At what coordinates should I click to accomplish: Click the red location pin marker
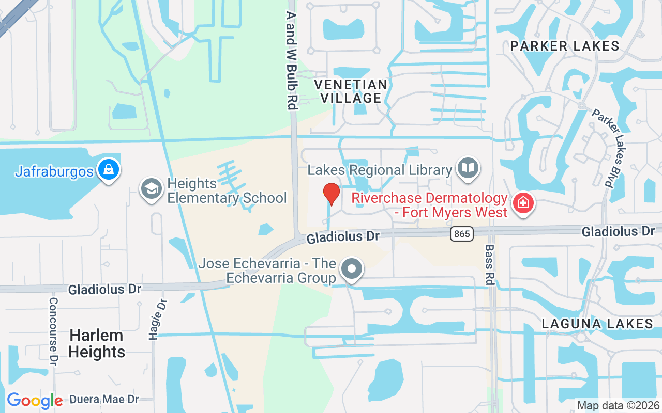point(331,194)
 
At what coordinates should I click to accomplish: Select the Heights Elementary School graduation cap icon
point(152,189)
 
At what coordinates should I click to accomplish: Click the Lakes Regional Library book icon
point(469,168)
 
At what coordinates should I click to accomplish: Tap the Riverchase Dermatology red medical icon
point(523,203)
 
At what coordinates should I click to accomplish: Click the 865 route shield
point(461,234)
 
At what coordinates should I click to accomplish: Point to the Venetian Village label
point(351,91)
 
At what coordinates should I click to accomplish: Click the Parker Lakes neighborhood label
point(564,46)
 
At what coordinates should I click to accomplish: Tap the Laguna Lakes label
point(597,324)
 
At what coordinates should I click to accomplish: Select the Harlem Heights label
point(97,343)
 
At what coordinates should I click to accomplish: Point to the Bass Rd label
point(489,264)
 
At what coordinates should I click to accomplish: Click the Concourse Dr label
point(53,331)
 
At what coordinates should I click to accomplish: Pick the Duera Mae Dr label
point(104,399)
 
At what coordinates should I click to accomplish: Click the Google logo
point(35,401)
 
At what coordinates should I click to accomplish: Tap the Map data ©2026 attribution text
point(618,405)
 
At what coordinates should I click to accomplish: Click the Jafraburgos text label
point(54,171)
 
